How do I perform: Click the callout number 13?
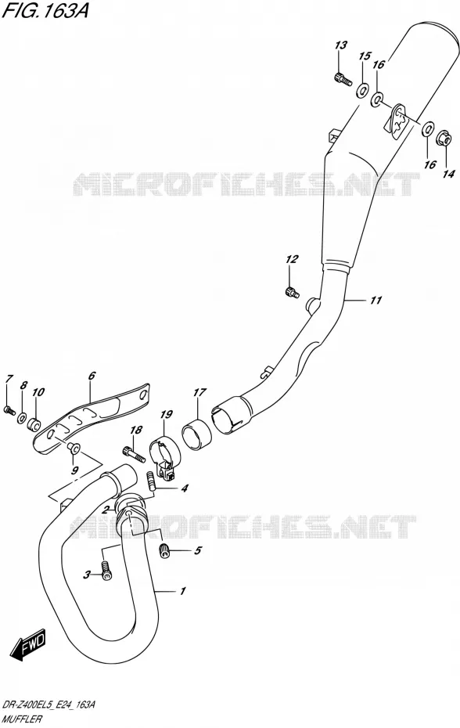(341, 45)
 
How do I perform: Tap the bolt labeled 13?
(341, 79)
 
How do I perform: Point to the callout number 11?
(376, 301)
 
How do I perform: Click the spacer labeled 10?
(34, 423)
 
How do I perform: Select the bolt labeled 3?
(106, 570)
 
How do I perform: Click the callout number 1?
(183, 591)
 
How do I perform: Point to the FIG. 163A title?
(45, 11)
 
